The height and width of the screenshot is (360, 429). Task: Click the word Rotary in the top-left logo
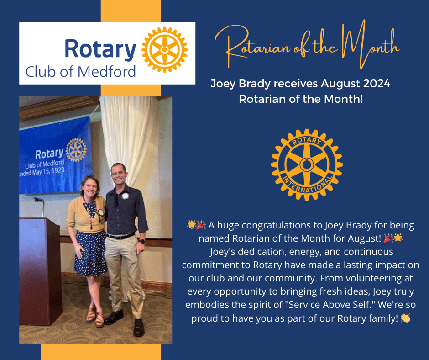100,49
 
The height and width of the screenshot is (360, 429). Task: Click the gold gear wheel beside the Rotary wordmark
164,50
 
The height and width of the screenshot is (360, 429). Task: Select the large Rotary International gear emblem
307,164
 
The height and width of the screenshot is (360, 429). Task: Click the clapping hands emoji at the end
405,318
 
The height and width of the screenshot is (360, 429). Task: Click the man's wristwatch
142,241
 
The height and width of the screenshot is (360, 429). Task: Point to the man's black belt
121,236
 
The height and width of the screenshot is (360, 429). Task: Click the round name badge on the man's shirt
126,196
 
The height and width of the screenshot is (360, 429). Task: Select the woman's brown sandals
95,318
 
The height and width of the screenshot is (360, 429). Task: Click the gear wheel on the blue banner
76,149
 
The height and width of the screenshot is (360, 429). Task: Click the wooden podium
40,271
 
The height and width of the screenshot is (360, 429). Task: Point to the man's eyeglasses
119,173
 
